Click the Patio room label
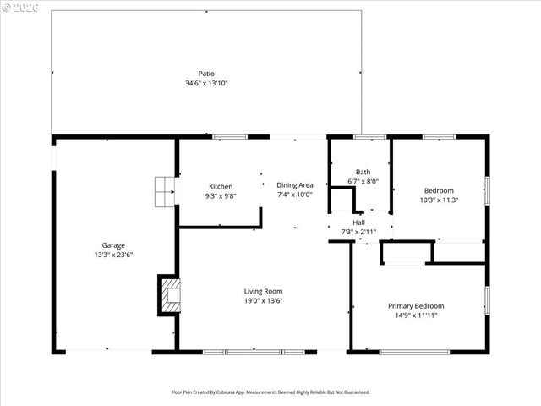click(x=206, y=74)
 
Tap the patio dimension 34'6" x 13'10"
click(x=206, y=84)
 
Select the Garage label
click(x=113, y=245)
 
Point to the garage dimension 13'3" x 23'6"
click(x=113, y=255)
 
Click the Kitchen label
click(x=221, y=186)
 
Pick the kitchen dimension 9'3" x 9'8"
click(x=221, y=195)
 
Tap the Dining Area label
click(x=295, y=185)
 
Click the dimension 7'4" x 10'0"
click(x=295, y=195)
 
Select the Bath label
click(x=363, y=171)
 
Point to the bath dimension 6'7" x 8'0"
click(x=363, y=181)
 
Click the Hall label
click(x=358, y=222)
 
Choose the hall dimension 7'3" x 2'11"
click(x=358, y=231)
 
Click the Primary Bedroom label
click(x=416, y=305)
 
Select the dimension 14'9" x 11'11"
click(x=416, y=315)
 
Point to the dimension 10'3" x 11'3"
click(x=439, y=200)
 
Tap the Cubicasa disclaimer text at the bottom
click(x=270, y=392)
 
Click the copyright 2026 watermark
click(x=19, y=8)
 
